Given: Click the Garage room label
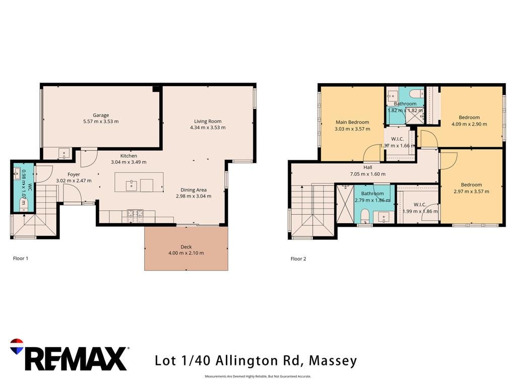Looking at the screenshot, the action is [x=101, y=115].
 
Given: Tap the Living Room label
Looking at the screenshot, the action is [x=208, y=121].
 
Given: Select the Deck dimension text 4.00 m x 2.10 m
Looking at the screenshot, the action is [x=186, y=253].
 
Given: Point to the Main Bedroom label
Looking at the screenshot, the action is [x=352, y=122].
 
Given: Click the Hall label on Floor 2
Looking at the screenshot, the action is [x=368, y=167].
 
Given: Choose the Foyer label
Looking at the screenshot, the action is [x=74, y=174].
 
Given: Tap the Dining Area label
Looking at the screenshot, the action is [x=193, y=190].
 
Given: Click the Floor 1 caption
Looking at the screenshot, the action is [x=20, y=259].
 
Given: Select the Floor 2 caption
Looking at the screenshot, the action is [x=298, y=259].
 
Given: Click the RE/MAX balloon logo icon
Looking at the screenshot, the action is [x=17, y=346].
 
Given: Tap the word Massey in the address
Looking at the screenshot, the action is [x=333, y=361].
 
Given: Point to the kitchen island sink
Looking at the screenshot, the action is [x=132, y=185].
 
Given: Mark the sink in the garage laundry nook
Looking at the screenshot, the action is [x=64, y=153].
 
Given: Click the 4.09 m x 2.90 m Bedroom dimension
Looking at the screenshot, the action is [x=469, y=124].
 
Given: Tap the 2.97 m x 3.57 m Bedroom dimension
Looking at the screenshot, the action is [x=471, y=191].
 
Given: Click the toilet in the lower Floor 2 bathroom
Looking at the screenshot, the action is [x=365, y=216].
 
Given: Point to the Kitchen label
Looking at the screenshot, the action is [x=128, y=156].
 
